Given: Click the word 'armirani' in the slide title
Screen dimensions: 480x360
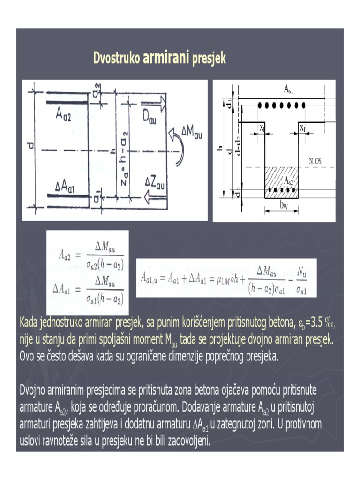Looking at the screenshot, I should pos(166,58).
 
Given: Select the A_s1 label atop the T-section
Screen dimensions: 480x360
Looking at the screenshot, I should pos(289,89).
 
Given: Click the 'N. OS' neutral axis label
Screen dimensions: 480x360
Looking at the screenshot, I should pos(315,161).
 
